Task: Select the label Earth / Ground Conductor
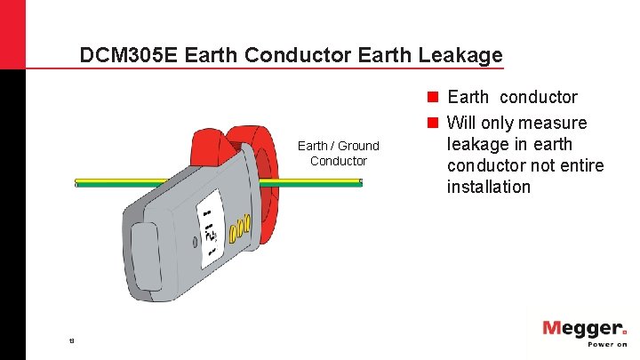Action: click(338, 153)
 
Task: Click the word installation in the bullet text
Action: click(488, 188)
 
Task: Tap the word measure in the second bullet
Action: click(554, 123)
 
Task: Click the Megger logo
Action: click(583, 330)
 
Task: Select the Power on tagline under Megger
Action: click(601, 345)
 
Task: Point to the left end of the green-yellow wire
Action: click(76, 182)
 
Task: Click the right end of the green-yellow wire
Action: click(360, 182)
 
